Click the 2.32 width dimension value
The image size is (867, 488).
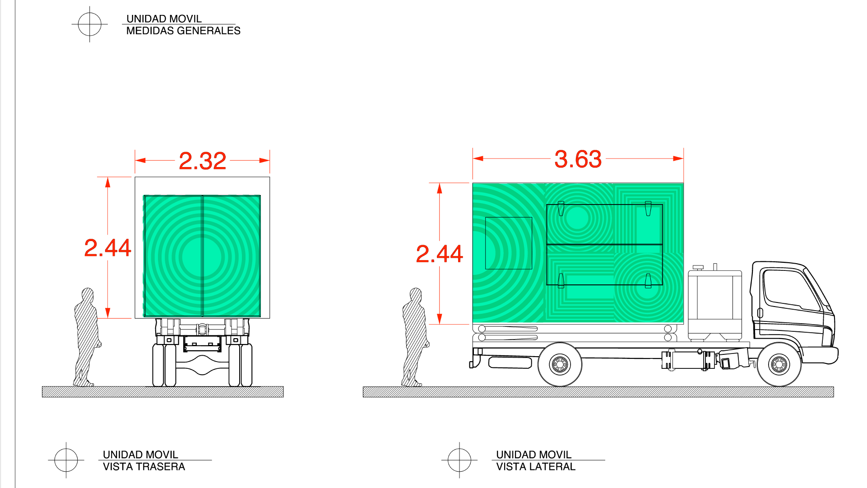click(203, 161)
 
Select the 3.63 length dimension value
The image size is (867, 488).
click(578, 159)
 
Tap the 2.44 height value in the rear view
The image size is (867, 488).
click(108, 248)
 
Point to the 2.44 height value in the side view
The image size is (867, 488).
click(440, 254)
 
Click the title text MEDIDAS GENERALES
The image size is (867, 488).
click(183, 31)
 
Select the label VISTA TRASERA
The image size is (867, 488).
click(144, 467)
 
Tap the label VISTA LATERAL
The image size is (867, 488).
click(536, 467)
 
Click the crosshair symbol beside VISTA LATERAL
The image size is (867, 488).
click(459, 460)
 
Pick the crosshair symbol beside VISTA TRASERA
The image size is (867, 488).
click(66, 460)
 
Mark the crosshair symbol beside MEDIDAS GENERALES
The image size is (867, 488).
click(90, 24)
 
